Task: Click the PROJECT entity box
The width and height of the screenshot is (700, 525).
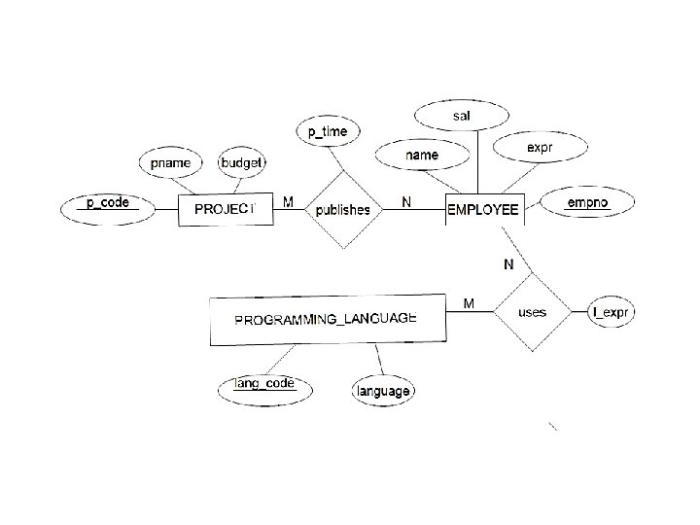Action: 225,209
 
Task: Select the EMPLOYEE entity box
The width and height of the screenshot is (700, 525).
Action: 483,209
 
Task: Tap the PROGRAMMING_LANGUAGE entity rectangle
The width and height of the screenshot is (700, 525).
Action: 328,320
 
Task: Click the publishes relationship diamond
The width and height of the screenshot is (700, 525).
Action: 343,209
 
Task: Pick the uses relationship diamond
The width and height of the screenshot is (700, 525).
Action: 532,312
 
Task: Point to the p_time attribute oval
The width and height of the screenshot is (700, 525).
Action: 328,131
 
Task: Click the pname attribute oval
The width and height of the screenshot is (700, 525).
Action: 171,162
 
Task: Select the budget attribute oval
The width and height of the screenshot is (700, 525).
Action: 242,162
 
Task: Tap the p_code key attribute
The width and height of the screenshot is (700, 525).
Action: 107,203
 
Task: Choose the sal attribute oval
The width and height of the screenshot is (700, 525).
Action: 462,117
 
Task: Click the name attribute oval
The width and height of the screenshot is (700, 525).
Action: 423,154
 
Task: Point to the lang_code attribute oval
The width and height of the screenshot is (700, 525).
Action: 265,386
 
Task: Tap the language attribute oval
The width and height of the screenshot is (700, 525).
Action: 382,391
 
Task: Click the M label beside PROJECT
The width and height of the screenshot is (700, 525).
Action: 288,202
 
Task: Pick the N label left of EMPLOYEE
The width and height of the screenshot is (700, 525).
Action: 405,202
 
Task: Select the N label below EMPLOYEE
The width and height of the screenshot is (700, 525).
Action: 507,263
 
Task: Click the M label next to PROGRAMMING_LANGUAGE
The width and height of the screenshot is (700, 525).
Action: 469,304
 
